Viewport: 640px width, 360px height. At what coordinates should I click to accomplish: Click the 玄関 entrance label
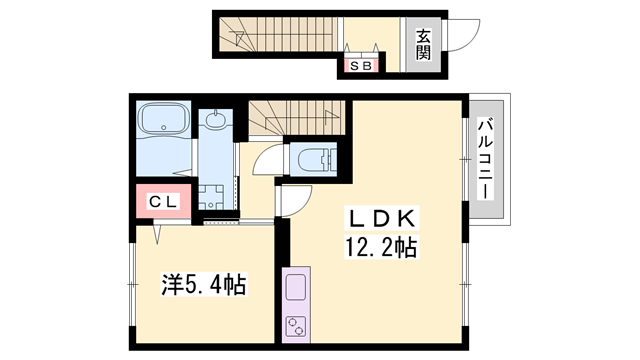point(423,45)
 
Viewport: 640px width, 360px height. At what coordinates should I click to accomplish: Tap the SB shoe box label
point(361,66)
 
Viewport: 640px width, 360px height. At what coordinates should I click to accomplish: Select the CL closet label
point(163,202)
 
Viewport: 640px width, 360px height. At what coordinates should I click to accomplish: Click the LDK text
point(381,218)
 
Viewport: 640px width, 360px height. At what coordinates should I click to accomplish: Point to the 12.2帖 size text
point(381,247)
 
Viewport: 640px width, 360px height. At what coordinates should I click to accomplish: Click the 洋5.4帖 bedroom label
point(204,284)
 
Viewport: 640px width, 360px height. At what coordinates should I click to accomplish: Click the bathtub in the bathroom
point(164,119)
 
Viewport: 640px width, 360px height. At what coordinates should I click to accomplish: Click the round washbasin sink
point(215,120)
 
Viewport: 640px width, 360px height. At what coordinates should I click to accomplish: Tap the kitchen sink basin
point(296,288)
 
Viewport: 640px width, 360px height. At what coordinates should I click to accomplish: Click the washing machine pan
point(211,198)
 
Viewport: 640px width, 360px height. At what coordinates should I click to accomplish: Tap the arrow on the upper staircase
point(236,36)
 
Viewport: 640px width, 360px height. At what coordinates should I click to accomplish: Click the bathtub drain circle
point(164,127)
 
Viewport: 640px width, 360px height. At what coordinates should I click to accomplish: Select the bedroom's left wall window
point(131,284)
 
